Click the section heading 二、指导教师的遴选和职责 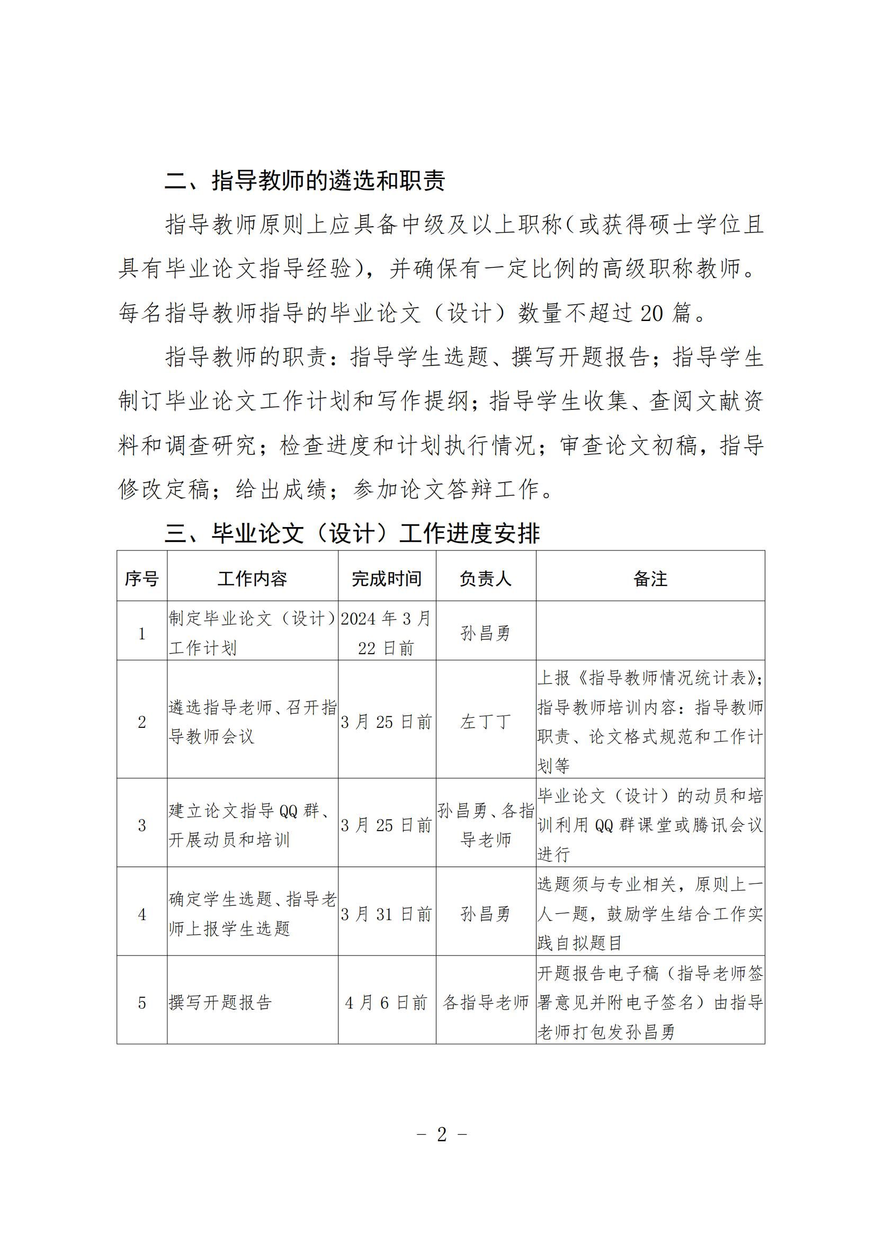pyautogui.click(x=305, y=181)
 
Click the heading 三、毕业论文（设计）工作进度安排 pyautogui.click(x=352, y=534)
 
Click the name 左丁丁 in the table pyautogui.click(x=485, y=722)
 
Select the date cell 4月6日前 pyautogui.click(x=386, y=1003)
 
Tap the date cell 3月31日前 pyautogui.click(x=386, y=914)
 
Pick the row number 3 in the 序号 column pyautogui.click(x=142, y=826)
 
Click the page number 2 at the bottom pyautogui.click(x=442, y=1134)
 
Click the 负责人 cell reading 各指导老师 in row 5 pyautogui.click(x=485, y=1003)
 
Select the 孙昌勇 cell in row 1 pyautogui.click(x=485, y=633)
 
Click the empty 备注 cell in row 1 pyautogui.click(x=650, y=630)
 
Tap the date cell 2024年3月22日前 pyautogui.click(x=386, y=633)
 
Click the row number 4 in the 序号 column pyautogui.click(x=142, y=914)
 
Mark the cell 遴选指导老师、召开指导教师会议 pyautogui.click(x=252, y=722)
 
